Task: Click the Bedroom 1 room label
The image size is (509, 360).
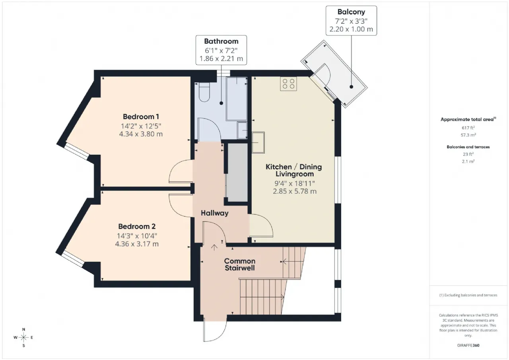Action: [x=141, y=117]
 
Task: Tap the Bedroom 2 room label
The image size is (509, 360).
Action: [x=137, y=226]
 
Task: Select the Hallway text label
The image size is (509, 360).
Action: [x=214, y=213]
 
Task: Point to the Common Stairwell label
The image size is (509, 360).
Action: [x=240, y=264]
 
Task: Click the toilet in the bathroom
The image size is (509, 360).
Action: [x=204, y=92]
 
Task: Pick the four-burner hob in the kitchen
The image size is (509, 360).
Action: [x=288, y=84]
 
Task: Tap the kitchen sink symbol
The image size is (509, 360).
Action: [x=258, y=142]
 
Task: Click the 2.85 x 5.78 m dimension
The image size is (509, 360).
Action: [x=295, y=191]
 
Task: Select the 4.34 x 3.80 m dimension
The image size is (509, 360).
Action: [x=141, y=134]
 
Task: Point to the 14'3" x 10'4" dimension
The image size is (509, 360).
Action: [x=137, y=236]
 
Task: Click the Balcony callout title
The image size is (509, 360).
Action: [x=351, y=12]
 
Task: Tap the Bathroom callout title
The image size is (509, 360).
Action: [x=221, y=41]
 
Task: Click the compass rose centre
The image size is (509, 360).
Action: [x=23, y=337]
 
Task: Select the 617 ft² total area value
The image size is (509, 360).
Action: [x=468, y=128]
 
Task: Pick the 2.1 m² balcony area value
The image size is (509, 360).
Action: [x=468, y=162]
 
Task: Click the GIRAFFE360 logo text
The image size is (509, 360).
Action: [x=468, y=345]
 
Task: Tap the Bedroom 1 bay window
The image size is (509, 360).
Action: [x=77, y=152]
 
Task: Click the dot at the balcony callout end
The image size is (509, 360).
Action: [x=351, y=87]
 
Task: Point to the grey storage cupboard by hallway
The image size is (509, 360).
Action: [x=237, y=172]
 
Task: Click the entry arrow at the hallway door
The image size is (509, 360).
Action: [x=214, y=247]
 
